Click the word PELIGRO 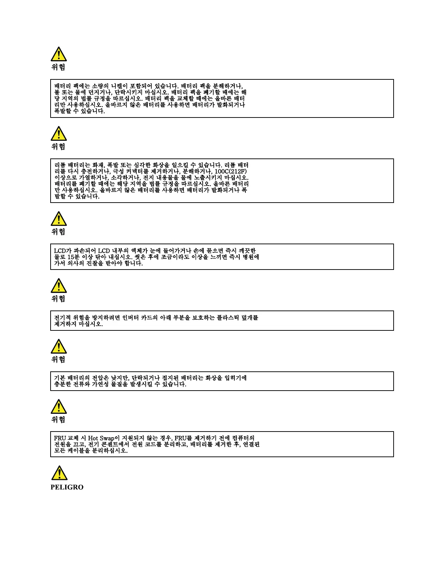pyautogui.click(x=67, y=487)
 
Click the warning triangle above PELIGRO pyautogui.click(x=59, y=473)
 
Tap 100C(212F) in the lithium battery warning pyautogui.click(x=230, y=171)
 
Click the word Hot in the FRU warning pyautogui.click(x=93, y=438)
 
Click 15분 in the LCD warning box pyautogui.click(x=73, y=257)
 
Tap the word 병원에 pyautogui.click(x=251, y=257)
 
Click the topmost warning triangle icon pyautogui.click(x=59, y=54)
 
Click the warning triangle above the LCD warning pyautogui.click(x=59, y=219)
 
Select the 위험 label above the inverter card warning pyautogui.click(x=58, y=299)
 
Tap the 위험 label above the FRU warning pyautogui.click(x=58, y=419)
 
